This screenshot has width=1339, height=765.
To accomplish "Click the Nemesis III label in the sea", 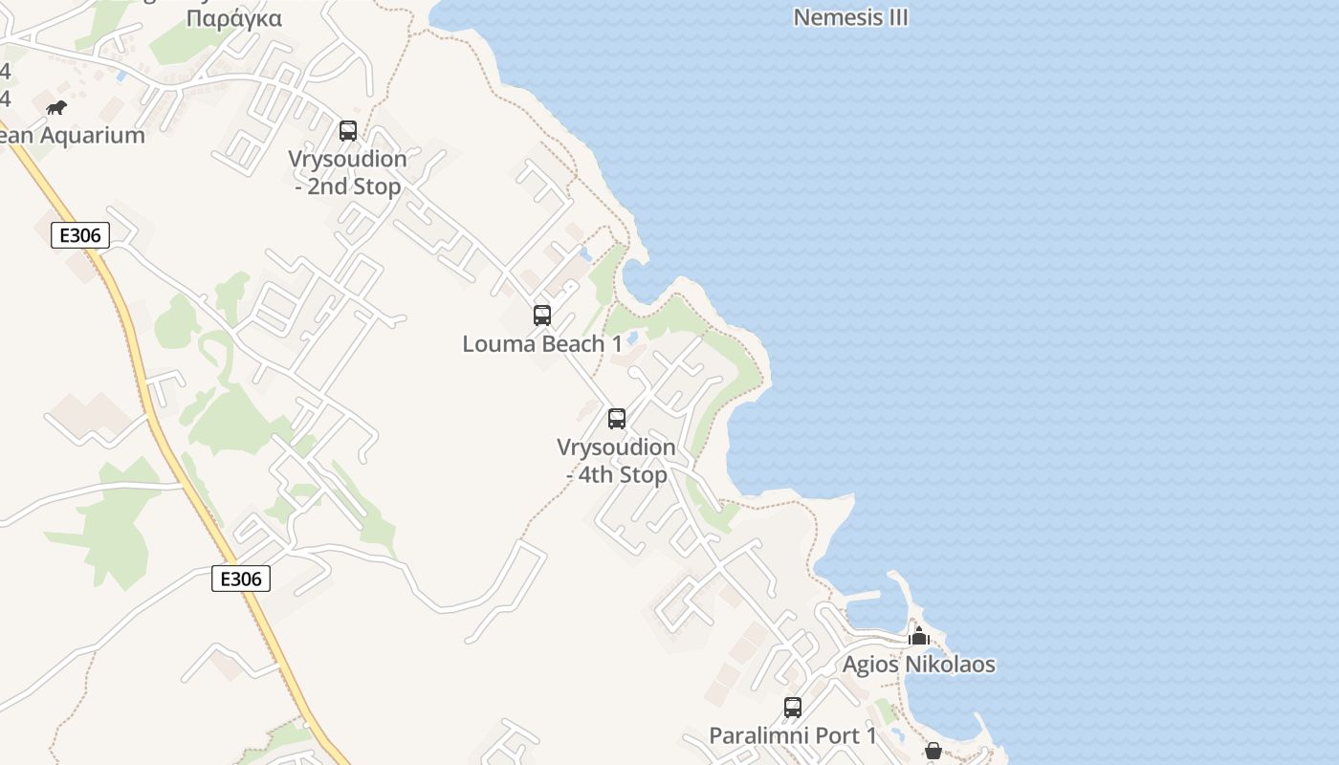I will pyautogui.click(x=850, y=17).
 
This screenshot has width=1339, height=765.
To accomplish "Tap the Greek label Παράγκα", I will pyautogui.click(x=234, y=18).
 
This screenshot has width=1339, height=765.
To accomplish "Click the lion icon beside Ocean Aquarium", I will pyautogui.click(x=56, y=107).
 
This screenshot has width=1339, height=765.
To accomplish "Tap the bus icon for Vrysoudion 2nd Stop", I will pyautogui.click(x=348, y=131).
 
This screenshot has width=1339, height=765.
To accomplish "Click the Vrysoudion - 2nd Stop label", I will pyautogui.click(x=348, y=173).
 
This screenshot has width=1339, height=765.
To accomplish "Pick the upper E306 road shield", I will pyautogui.click(x=80, y=235).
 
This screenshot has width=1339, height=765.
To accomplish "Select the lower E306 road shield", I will pyautogui.click(x=241, y=578).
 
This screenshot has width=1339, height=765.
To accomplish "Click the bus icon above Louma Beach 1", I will pyautogui.click(x=542, y=315).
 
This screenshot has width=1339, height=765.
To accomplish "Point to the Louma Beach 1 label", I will pyautogui.click(x=542, y=344).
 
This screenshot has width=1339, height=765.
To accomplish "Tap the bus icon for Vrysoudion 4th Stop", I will pyautogui.click(x=617, y=418).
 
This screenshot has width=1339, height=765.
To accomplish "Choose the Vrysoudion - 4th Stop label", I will pyautogui.click(x=617, y=461).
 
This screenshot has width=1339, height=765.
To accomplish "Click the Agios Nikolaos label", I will pyautogui.click(x=918, y=665).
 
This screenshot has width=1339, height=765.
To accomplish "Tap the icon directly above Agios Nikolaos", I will pyautogui.click(x=919, y=636).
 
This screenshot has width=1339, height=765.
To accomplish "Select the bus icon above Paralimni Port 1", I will pyautogui.click(x=793, y=708).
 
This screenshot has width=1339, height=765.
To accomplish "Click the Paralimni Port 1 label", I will pyautogui.click(x=793, y=736).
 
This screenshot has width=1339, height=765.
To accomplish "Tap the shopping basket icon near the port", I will pyautogui.click(x=933, y=752).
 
